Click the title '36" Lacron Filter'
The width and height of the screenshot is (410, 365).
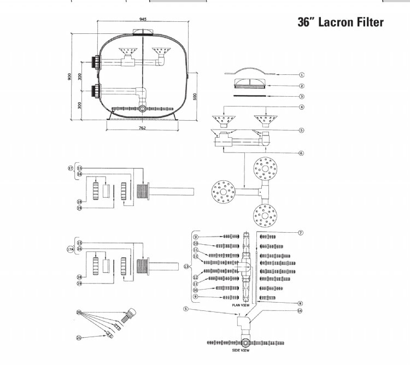point(340,22)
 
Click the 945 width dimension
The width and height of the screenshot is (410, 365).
point(143,19)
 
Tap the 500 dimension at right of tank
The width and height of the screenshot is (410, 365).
point(195,96)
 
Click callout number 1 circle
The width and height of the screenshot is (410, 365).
point(302,75)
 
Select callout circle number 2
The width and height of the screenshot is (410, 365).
point(302,86)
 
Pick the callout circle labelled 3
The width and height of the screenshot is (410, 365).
point(302,96)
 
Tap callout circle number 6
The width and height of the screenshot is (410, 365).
point(302,154)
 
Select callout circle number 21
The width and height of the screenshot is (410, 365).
point(79,338)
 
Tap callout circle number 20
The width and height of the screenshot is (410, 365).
point(79,313)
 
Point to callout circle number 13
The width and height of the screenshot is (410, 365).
point(187,267)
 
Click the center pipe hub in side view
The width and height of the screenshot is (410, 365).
point(245,343)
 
